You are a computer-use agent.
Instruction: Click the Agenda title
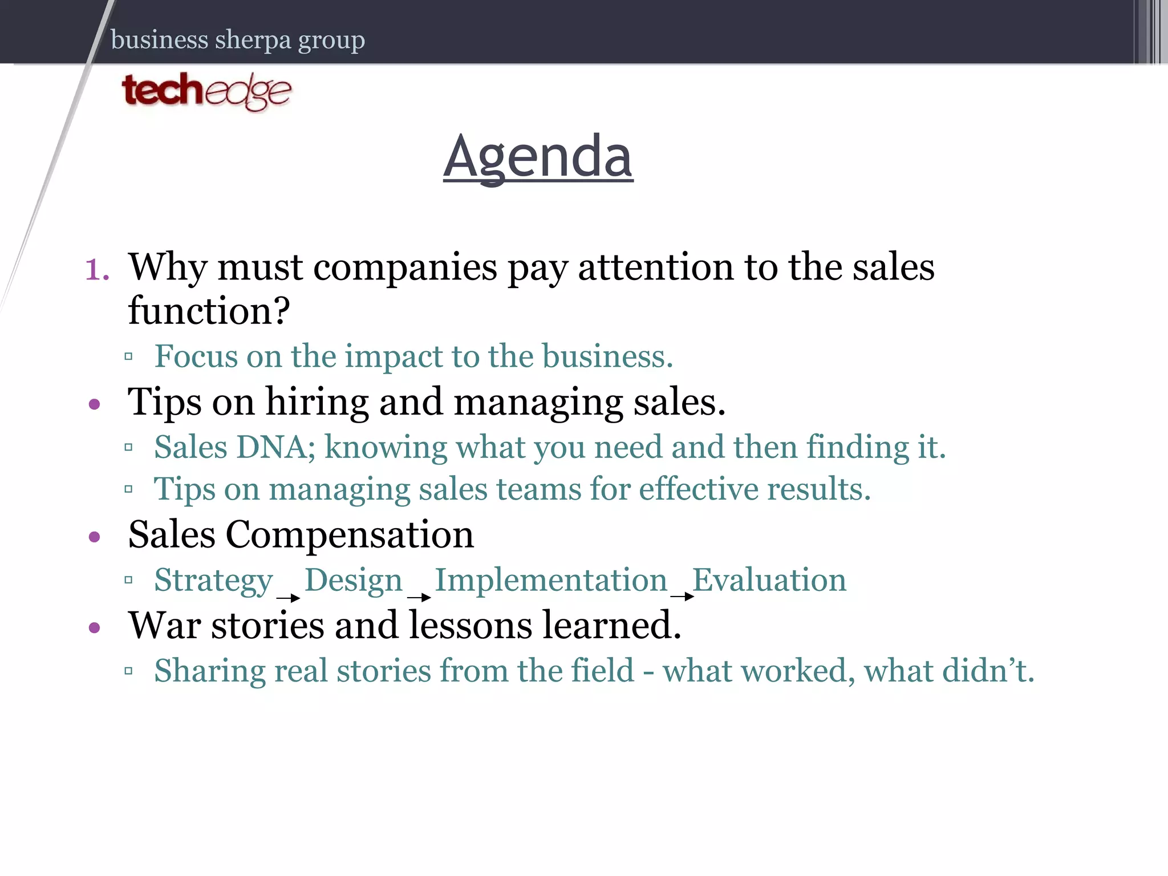(538, 156)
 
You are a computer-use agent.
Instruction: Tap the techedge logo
(206, 91)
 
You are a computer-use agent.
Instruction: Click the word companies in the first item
(405, 267)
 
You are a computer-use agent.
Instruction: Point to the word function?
(209, 311)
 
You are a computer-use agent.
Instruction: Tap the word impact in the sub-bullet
(394, 356)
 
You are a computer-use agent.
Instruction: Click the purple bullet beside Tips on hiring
(95, 405)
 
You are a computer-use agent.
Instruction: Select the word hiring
(317, 402)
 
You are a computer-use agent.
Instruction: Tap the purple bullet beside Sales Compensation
(95, 537)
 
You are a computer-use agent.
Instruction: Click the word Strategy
(214, 581)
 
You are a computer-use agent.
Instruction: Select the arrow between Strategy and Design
(289, 598)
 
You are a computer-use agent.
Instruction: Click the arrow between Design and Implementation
(419, 598)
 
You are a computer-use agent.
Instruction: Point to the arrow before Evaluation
(682, 597)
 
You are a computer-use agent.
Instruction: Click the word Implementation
(551, 580)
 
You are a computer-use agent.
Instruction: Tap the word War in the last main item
(164, 626)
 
